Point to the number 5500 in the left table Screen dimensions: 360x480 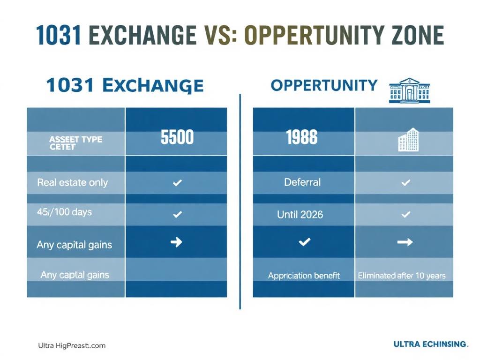177,137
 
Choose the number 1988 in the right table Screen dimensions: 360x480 301,137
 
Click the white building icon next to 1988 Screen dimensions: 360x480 408,140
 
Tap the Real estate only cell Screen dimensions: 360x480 73,182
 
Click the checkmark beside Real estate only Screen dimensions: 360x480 177,183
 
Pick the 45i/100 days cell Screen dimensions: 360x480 65,212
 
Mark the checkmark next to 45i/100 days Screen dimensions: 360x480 177,214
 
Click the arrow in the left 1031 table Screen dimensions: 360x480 176,242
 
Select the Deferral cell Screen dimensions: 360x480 302,182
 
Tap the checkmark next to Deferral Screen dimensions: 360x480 405,183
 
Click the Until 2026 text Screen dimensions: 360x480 300,214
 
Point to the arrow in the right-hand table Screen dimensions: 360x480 405,242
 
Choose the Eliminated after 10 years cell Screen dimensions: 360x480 402,276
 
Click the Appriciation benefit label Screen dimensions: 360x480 304,276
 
